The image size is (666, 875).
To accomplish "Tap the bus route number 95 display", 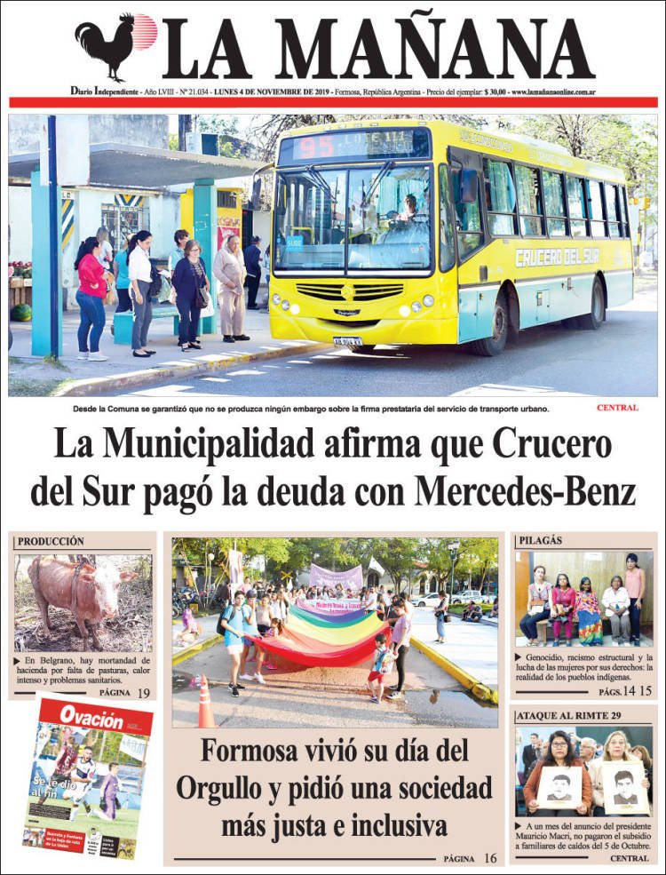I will [x=319, y=146].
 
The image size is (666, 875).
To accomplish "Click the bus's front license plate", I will [x=347, y=340].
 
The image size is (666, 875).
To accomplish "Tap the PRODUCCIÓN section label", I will [x=51, y=541].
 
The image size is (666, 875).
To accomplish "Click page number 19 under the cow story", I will [x=143, y=692].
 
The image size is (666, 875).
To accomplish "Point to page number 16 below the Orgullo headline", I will [x=490, y=858].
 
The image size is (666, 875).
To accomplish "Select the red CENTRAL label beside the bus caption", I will [x=617, y=408].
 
